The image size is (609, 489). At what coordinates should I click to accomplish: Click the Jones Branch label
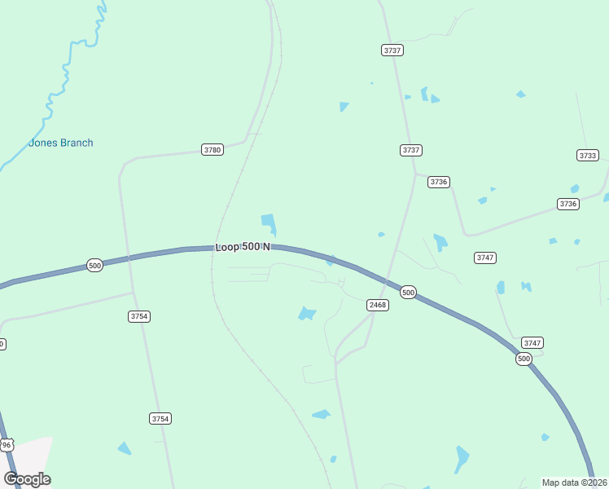(61, 143)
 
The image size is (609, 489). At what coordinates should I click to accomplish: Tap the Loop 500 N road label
(243, 247)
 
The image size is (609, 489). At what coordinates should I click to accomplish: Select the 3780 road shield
(212, 150)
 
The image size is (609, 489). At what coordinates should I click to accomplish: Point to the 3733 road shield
(587, 155)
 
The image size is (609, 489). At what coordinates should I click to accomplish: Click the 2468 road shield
(377, 305)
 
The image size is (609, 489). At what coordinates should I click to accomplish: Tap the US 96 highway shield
(7, 444)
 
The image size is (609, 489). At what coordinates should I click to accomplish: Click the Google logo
(27, 478)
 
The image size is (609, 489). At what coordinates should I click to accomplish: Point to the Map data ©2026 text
(573, 482)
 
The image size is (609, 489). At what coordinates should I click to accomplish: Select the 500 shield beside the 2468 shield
(409, 292)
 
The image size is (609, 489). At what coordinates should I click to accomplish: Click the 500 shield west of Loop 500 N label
(95, 266)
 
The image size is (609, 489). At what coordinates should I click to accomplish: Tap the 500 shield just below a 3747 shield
(524, 359)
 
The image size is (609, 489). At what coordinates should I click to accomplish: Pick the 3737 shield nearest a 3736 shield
(411, 150)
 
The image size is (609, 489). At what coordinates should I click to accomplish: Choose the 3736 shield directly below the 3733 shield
(568, 204)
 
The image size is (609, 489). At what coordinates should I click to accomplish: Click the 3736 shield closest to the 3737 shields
(439, 182)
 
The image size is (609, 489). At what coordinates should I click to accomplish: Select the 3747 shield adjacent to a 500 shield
(532, 343)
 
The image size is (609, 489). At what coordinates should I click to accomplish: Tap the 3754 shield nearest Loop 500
(139, 316)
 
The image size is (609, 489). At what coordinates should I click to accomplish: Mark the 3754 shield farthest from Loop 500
(160, 418)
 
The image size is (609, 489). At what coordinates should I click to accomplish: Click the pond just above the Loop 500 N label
(268, 222)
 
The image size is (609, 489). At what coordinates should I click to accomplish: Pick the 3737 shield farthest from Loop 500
(392, 51)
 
